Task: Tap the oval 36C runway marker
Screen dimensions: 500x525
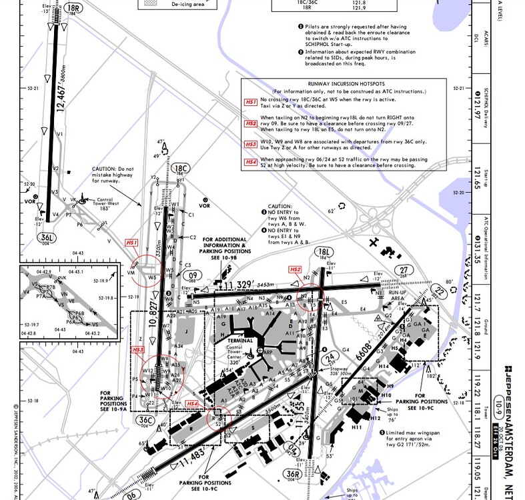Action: pyautogui.click(x=145, y=419)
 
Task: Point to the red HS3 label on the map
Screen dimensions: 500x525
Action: pyautogui.click(x=139, y=349)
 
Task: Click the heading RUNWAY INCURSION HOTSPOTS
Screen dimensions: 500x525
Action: pyautogui.click(x=334, y=83)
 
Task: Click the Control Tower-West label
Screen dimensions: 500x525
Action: pyautogui.click(x=99, y=203)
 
